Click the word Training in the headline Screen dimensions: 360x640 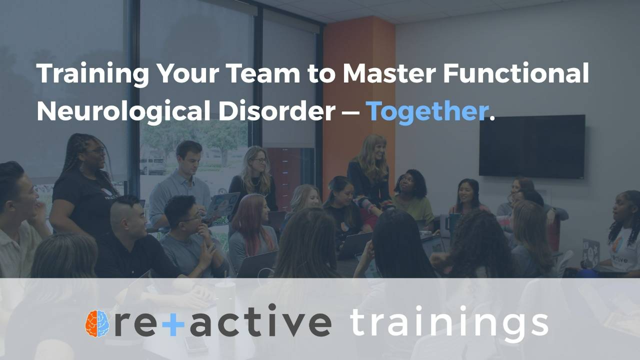(x=92, y=74)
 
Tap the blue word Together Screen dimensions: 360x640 (x=427, y=111)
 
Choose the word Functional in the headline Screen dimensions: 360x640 (x=515, y=73)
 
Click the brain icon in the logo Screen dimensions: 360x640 (x=97, y=323)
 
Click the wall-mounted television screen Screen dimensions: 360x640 (x=532, y=146)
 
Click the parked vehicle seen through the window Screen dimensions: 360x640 (x=152, y=165)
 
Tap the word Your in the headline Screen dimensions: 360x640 (x=188, y=73)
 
